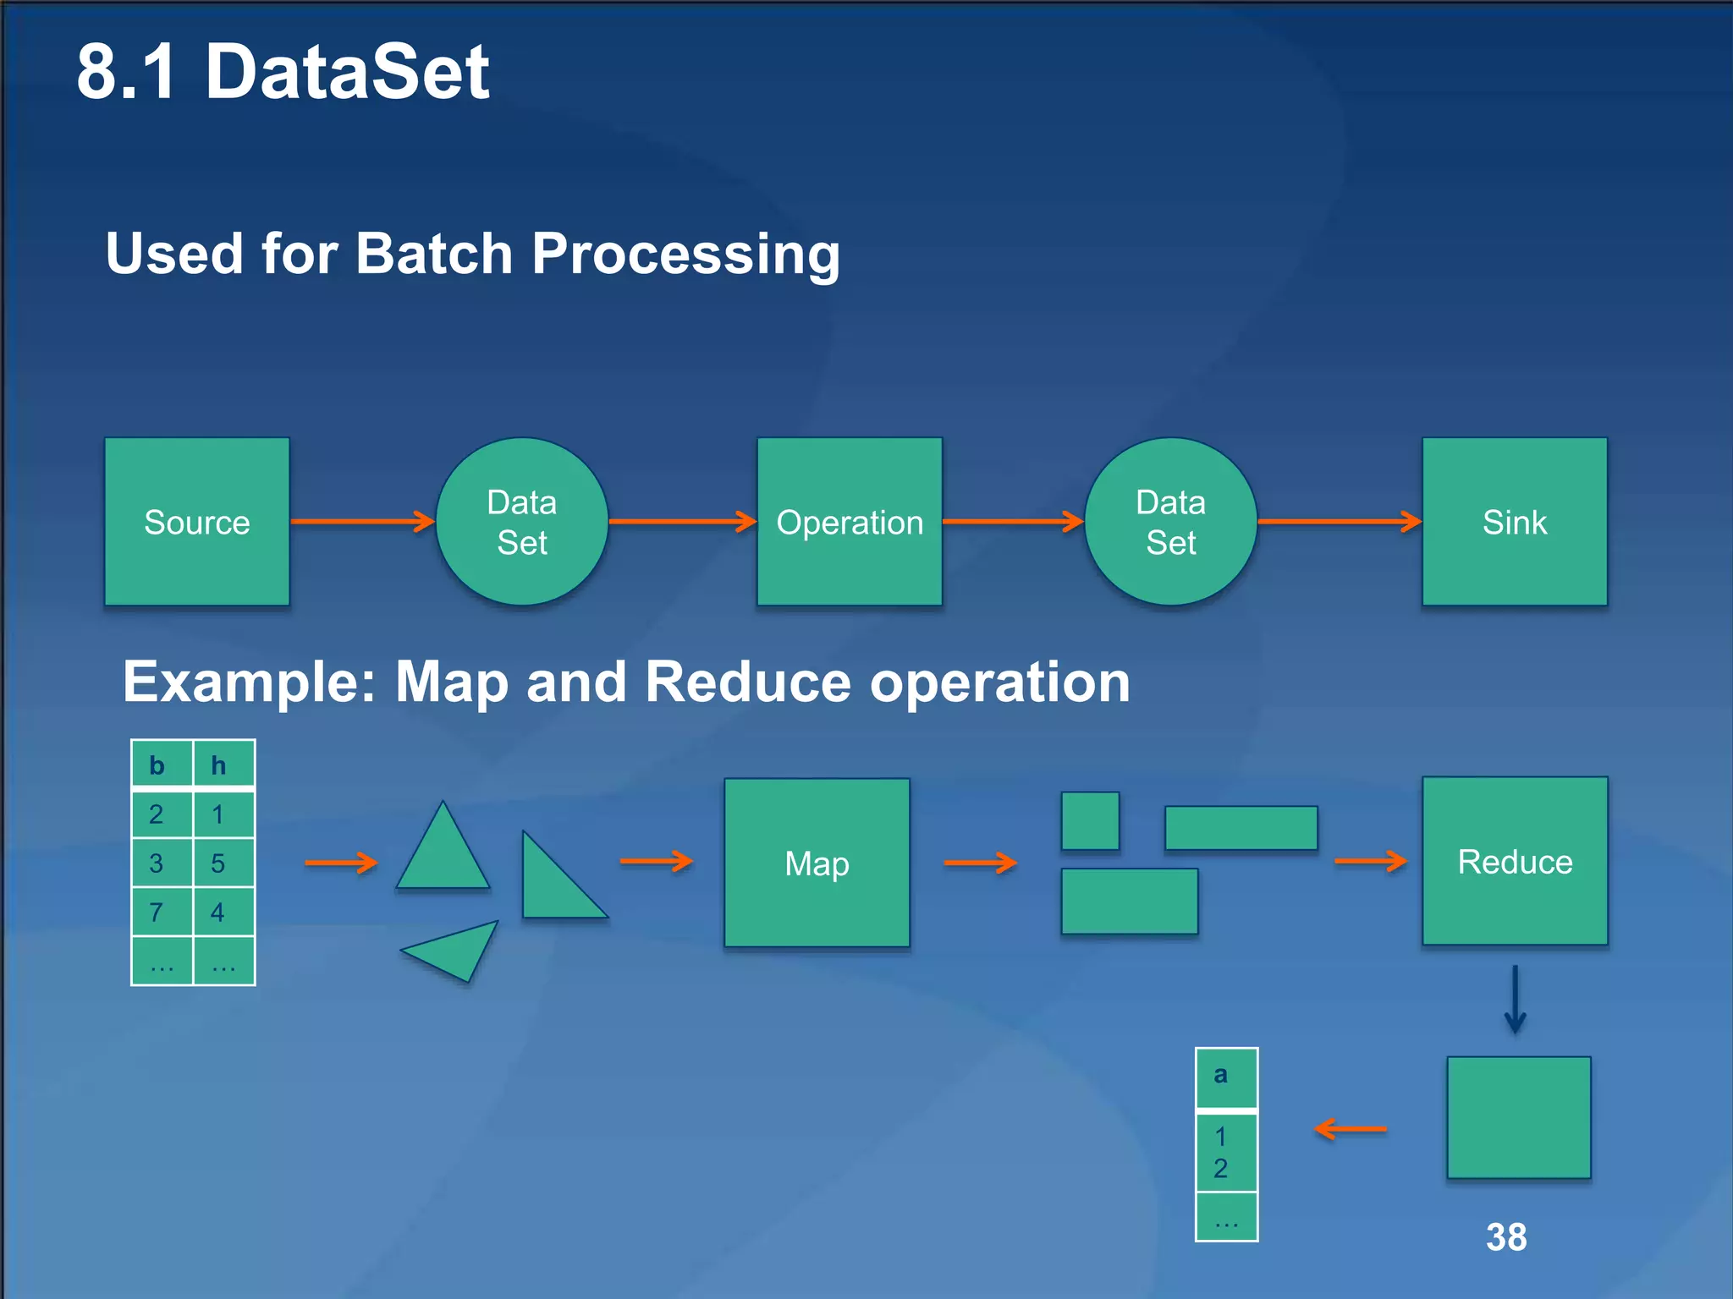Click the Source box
[196, 522]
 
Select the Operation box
[850, 522]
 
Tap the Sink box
[1515, 522]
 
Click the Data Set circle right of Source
[522, 522]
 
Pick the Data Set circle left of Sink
[1171, 522]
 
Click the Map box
[817, 863]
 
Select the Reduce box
[1515, 861]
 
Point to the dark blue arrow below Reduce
[1515, 1000]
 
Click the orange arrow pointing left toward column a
[1351, 1129]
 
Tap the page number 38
[1506, 1237]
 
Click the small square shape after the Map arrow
[1090, 820]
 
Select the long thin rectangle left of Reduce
[1241, 828]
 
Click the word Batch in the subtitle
[433, 254]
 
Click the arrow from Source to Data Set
[362, 522]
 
